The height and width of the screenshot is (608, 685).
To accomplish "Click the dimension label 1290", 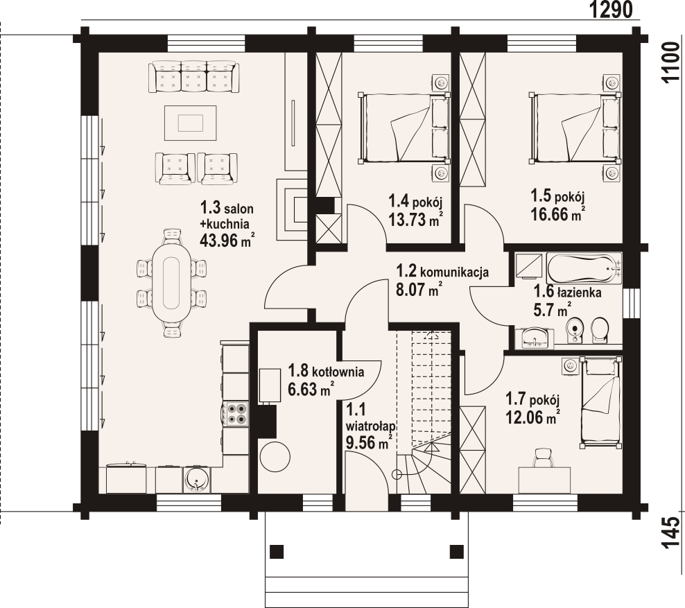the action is pos(611,10).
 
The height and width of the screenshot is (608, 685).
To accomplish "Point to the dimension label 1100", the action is pos(671,62).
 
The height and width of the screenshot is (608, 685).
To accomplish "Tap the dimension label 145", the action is pos(671,533).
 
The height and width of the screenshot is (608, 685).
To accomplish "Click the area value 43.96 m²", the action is pos(227,241).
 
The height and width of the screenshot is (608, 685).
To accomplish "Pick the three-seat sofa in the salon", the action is pos(193,77).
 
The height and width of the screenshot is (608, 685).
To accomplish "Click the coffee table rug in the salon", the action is pos(191,123).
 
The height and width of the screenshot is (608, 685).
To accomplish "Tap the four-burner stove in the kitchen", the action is pos(235,414).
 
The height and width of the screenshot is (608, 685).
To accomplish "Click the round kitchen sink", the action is pos(197,480).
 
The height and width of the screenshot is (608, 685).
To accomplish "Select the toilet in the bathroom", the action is pos(600,330).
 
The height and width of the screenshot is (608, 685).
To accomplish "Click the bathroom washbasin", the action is pos(534,338).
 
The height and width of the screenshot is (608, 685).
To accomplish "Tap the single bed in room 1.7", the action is pos(600,403).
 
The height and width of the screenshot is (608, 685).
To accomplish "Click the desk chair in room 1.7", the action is pos(544,458).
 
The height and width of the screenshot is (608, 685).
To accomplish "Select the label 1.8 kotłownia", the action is pos(326,372).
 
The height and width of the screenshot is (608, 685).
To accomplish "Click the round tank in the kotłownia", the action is pos(275,456).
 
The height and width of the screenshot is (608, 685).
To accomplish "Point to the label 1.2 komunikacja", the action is pos(442,272).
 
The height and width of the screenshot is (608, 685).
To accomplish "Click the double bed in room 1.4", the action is pos(402,128).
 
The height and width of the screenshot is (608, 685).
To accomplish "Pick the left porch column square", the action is pos(277,552).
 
